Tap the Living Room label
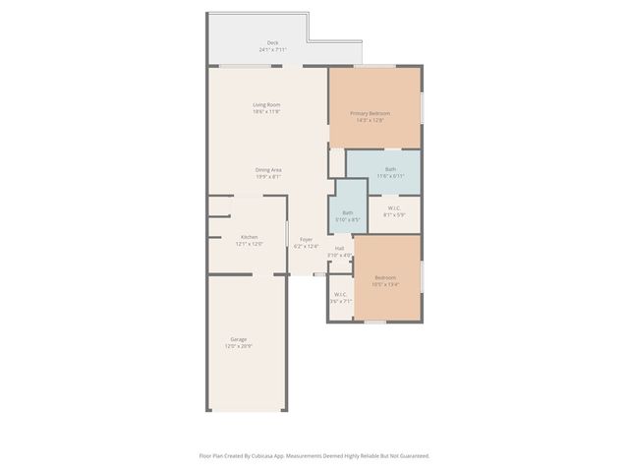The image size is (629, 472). (x=266, y=105)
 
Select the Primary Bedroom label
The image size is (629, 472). (x=372, y=113)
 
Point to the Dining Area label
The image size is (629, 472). (x=268, y=170)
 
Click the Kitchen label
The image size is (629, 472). (x=250, y=236)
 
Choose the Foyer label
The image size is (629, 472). (x=307, y=239)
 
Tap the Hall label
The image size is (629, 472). (x=339, y=248)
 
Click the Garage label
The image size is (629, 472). (x=239, y=339)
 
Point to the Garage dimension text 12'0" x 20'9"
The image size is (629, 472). (x=239, y=346)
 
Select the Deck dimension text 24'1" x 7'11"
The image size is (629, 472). (x=272, y=49)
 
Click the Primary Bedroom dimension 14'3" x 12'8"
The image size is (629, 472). (x=372, y=120)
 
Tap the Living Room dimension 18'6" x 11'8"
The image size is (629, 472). (x=266, y=112)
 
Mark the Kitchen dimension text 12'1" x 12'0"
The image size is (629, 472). (x=250, y=243)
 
